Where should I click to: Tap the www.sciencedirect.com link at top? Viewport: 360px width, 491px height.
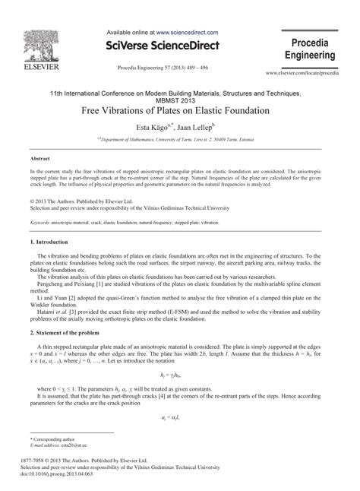(187, 33)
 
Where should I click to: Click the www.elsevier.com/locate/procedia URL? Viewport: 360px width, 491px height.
(311, 74)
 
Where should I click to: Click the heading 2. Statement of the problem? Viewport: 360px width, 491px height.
(69, 333)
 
